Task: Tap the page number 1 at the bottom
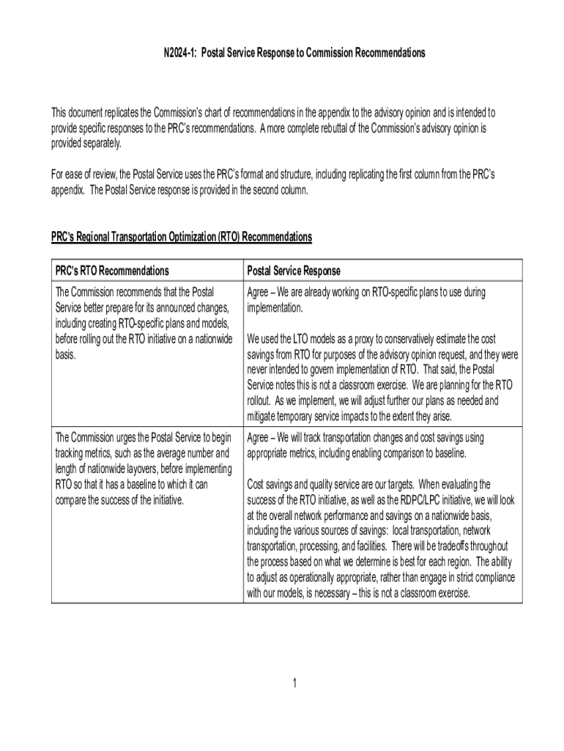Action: pos(294,684)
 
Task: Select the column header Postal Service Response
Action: pos(294,271)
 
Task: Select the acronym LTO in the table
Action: pos(307,339)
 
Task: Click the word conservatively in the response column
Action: pos(416,339)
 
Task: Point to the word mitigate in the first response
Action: pos(264,416)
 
